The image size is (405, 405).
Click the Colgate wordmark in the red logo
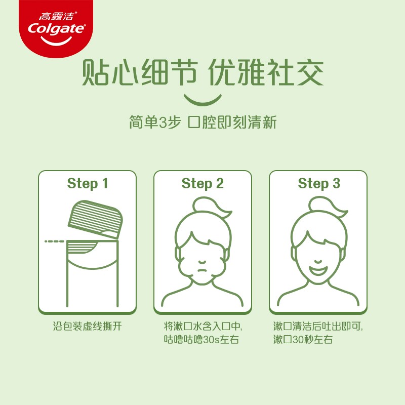(56, 29)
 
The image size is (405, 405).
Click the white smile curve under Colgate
(56, 41)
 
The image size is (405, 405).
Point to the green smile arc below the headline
(203, 100)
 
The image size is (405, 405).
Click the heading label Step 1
(87, 184)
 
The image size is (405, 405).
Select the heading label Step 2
(202, 184)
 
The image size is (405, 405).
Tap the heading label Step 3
(319, 184)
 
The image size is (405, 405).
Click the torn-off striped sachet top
(95, 219)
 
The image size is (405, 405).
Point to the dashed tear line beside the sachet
(54, 241)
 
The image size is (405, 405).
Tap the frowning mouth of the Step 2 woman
(203, 271)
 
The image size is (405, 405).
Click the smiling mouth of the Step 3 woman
(318, 271)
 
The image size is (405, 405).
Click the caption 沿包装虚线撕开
(87, 326)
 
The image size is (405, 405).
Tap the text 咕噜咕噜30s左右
(201, 339)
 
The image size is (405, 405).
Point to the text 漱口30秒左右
(303, 339)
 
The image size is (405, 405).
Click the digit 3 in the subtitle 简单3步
(163, 123)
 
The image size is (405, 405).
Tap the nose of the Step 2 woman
(203, 262)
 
